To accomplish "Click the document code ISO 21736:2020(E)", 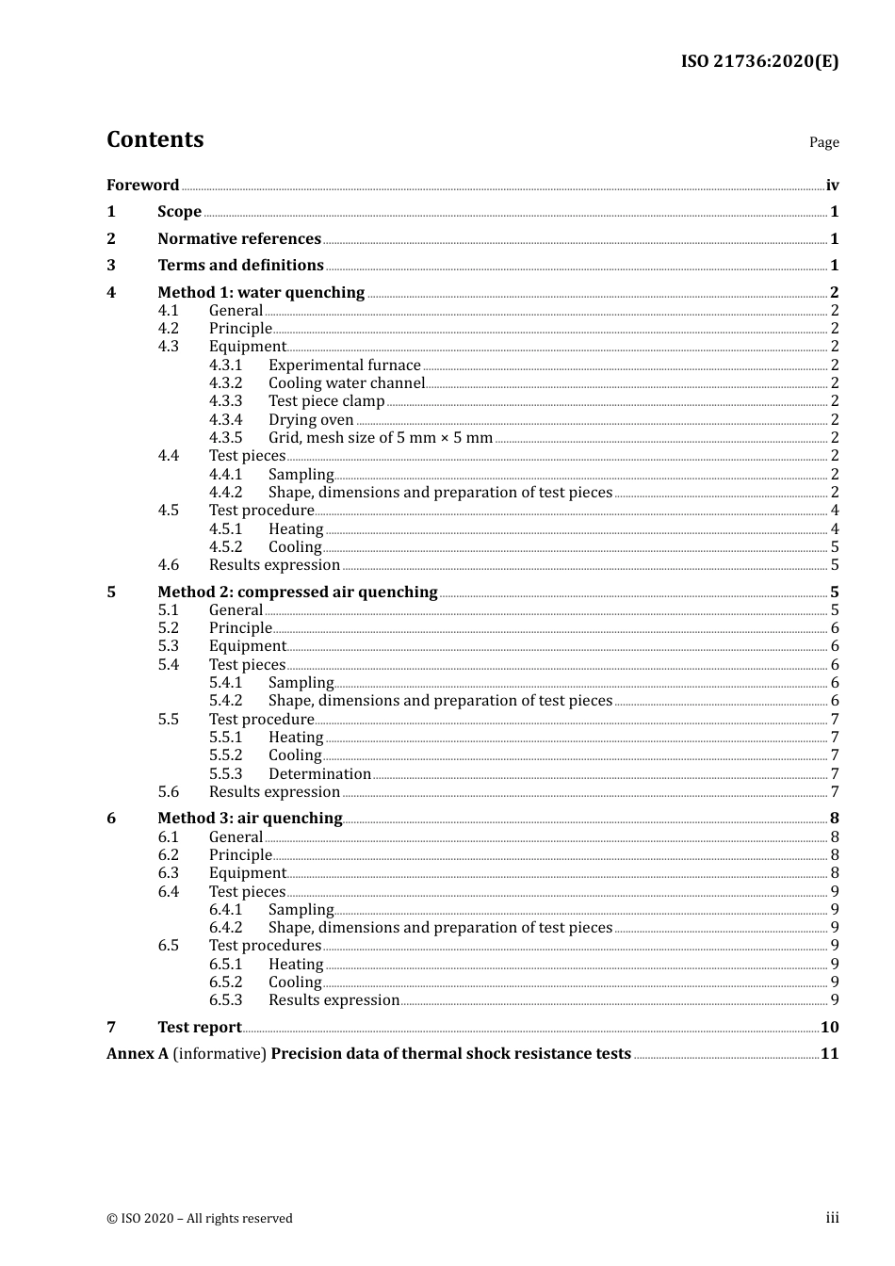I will coord(759,61).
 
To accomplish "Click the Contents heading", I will coord(155,139).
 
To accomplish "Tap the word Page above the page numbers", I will coord(823,142).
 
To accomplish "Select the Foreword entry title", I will coord(142,185).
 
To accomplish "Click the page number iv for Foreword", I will coord(832,185).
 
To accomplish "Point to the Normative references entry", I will coord(239,238).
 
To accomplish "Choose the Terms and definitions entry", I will coord(240,265).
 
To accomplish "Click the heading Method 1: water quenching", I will coord(261,292).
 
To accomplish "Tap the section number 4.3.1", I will coord(225,365).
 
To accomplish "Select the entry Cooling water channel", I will coord(346,382).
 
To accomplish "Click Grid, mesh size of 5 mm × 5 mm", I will coord(381,437).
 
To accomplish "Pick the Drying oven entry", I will coord(311,419).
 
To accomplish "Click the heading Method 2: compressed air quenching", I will coord(297,592).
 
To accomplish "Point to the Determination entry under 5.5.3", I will coord(319,773).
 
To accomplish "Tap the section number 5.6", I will coord(168,791).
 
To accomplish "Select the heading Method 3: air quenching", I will coord(250,818).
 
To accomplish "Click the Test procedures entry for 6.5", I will coord(265,945).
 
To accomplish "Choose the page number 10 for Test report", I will coord(829,1027).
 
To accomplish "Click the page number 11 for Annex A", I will coord(829,1053).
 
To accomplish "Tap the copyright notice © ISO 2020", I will coord(200,1218).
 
